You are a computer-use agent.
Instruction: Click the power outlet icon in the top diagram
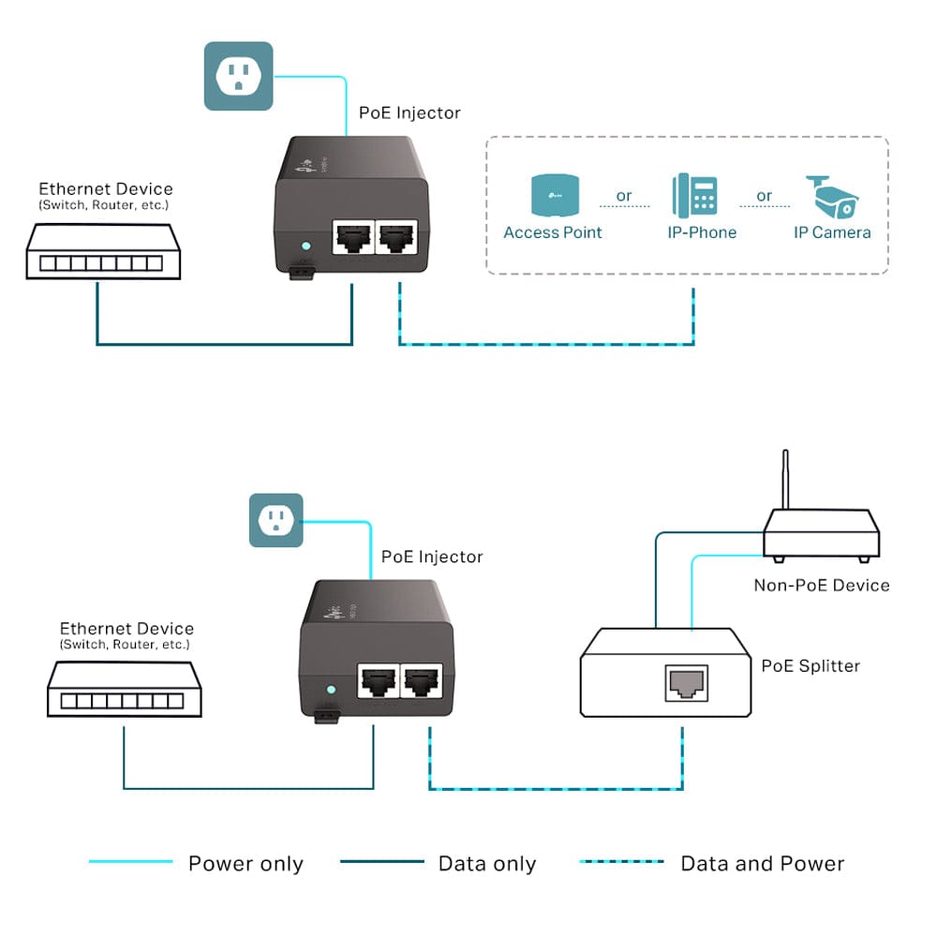click(238, 76)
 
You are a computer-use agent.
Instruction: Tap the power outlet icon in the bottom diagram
click(275, 520)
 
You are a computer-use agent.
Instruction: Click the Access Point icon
click(553, 195)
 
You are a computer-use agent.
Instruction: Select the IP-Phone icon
click(694, 195)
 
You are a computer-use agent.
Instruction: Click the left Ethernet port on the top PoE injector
click(353, 239)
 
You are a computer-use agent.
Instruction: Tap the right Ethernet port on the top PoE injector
click(398, 239)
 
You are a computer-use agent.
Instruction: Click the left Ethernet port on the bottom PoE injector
click(378, 681)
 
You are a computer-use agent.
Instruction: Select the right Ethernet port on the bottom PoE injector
click(422, 681)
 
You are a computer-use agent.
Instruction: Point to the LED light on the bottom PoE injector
click(329, 691)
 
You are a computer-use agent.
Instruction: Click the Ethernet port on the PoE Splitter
click(685, 683)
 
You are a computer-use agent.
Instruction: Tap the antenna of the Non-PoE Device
click(784, 478)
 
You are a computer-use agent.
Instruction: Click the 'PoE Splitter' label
click(810, 666)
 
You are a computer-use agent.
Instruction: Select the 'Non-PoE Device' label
click(821, 586)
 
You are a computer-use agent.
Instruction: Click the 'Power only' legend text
click(245, 864)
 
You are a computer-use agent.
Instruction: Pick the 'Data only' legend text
click(486, 864)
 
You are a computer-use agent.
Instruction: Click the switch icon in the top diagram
click(100, 251)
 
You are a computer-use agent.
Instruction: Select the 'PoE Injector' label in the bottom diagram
click(432, 557)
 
